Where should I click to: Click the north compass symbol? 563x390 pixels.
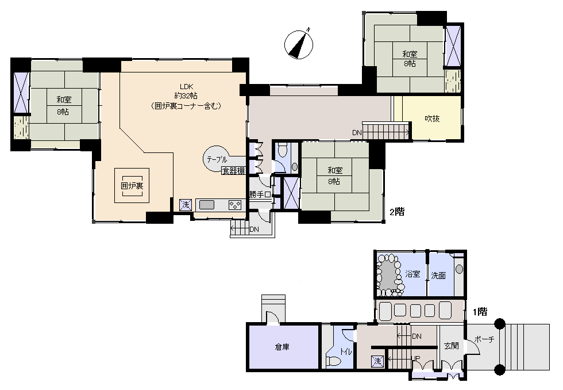point(299,44)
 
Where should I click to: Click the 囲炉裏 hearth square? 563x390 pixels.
point(132,185)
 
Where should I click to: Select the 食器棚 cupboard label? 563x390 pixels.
point(234,171)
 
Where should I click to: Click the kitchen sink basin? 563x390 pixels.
point(206,205)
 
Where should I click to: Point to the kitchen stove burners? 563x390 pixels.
point(236,205)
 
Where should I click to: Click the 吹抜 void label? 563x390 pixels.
point(432,118)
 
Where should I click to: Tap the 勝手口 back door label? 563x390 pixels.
point(260,195)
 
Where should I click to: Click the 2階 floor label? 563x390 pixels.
point(397,212)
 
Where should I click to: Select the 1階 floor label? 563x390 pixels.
point(480,312)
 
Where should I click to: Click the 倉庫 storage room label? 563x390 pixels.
point(282,347)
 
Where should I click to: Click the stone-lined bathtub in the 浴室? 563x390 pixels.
point(390,275)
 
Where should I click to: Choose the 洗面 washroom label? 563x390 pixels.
point(438,276)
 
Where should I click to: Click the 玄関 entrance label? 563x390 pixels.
point(452,346)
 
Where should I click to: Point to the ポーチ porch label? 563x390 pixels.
point(484,339)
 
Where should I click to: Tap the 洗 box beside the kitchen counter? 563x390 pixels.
point(186,205)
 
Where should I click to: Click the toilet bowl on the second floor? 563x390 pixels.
point(282,151)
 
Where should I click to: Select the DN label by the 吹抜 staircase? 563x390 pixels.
point(357,133)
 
